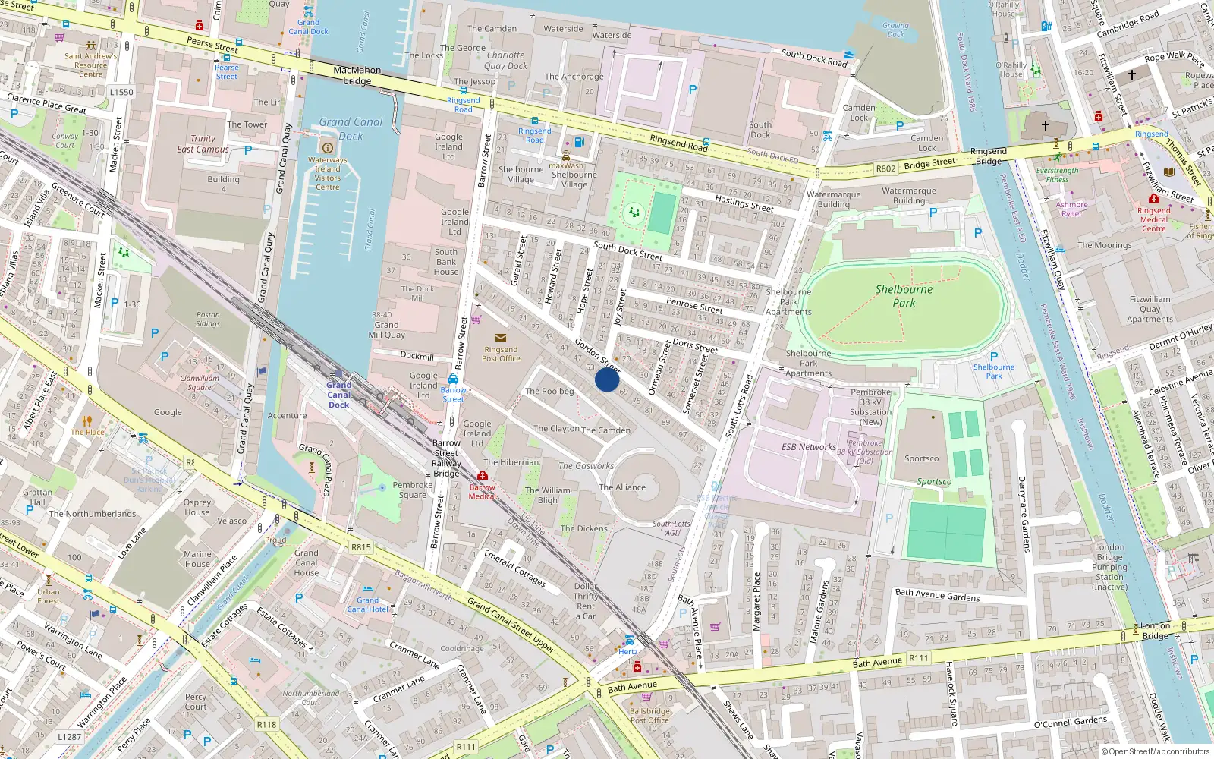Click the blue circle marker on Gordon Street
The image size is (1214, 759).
pos(607,379)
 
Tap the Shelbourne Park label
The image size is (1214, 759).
pos(904,296)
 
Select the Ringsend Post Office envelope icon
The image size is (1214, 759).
pos(500,338)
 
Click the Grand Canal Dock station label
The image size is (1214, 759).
pos(338,395)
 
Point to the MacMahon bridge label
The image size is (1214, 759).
pos(357,75)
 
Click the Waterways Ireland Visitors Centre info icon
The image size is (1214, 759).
pos(328,148)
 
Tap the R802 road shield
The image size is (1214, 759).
pos(885,168)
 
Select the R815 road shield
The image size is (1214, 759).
pos(361,546)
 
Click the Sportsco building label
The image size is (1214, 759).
pos(921,458)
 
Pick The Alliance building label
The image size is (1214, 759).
pos(622,487)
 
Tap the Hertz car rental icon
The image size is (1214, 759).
pos(629,640)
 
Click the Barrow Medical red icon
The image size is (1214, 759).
pos(483,476)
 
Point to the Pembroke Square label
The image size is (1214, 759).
pos(413,490)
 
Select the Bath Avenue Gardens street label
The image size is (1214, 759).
pos(937,595)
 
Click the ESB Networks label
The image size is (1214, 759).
pos(808,447)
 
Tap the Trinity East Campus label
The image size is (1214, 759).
pos(203,143)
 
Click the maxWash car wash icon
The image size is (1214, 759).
pos(566,156)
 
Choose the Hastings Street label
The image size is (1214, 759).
pos(744,203)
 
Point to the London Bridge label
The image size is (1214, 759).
pos(1155,630)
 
